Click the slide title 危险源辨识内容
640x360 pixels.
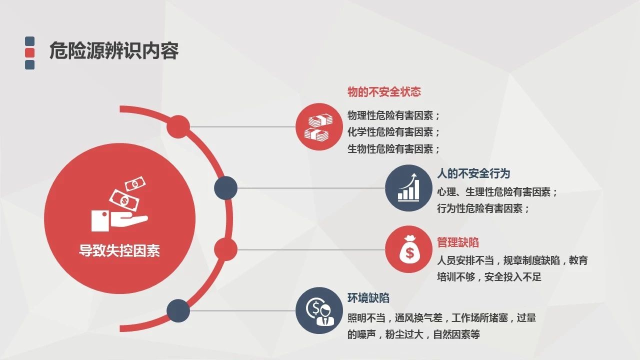pos(114,50)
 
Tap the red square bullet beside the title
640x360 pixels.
pos(29,53)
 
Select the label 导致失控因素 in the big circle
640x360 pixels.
pos(119,250)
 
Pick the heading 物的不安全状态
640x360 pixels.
pos(384,91)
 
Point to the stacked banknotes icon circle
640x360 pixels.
pos(319,126)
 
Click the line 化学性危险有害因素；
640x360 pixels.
pos(393,132)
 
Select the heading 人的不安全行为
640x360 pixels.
pos(473,173)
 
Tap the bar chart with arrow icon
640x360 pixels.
pos(408,187)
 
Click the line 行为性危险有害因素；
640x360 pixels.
pos(483,208)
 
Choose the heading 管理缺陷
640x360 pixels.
pos(457,242)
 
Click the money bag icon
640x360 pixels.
pos(408,249)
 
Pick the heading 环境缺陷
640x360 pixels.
pos(368,297)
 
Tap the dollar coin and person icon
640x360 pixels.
pos(319,310)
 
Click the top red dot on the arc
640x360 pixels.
pos(178,126)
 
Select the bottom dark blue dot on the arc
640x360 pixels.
pos(178,310)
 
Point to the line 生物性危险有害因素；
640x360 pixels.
pos(393,148)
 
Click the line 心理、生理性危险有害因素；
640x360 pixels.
pos(497,191)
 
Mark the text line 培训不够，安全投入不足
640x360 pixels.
pos(489,276)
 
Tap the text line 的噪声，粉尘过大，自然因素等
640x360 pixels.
pos(413,334)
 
